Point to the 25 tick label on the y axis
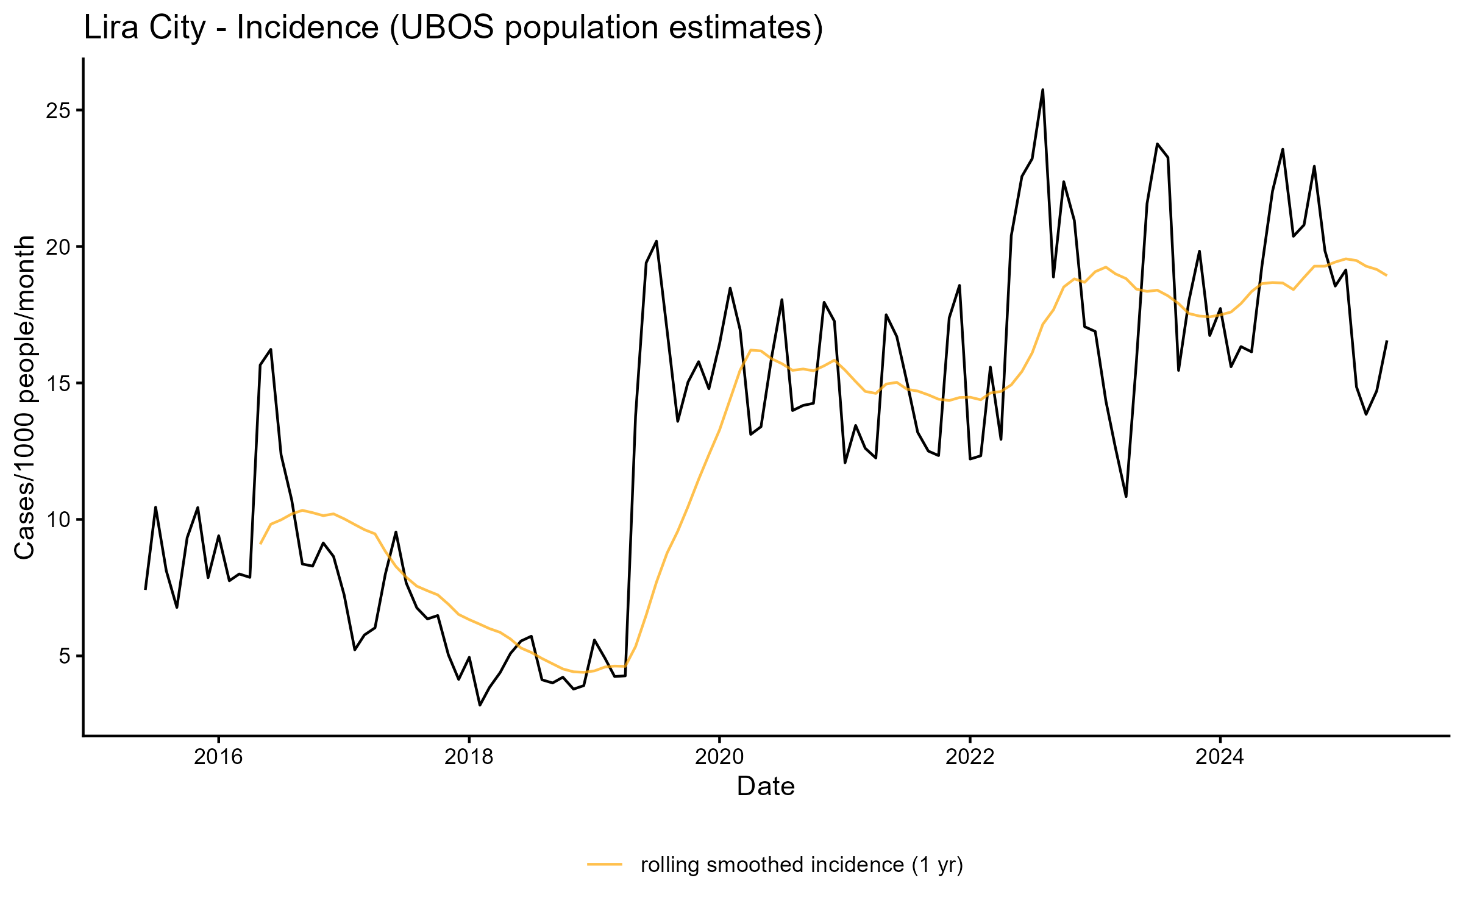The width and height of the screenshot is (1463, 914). (58, 111)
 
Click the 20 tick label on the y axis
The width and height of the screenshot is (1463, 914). (58, 247)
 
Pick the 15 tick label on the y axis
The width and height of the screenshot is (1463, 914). (58, 384)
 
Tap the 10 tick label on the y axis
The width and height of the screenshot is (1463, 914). (58, 520)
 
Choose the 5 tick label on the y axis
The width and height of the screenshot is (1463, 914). (65, 657)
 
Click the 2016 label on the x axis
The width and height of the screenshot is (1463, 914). (218, 757)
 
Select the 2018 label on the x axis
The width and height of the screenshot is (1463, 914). (469, 757)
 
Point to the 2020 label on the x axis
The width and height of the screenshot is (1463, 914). (719, 757)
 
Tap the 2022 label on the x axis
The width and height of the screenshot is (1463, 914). (970, 757)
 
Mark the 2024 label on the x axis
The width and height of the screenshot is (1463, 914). (1220, 757)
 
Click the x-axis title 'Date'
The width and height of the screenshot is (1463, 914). (766, 787)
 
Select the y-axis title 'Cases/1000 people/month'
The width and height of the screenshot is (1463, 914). (25, 397)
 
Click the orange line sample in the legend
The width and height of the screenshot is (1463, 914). (605, 864)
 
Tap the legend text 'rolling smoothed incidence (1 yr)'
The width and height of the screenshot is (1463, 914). (802, 865)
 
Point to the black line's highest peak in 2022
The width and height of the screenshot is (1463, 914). (1042, 90)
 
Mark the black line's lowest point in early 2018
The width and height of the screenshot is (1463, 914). (480, 705)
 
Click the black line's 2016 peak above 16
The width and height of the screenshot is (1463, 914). (271, 350)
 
